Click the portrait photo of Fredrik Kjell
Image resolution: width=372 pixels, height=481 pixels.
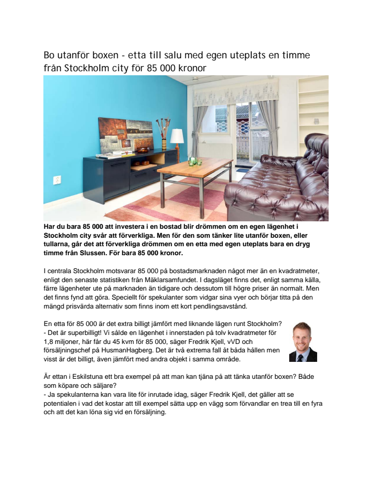tap(303, 342)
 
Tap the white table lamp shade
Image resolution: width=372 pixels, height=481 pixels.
tap(177, 136)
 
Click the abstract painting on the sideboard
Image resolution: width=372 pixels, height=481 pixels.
tap(125, 135)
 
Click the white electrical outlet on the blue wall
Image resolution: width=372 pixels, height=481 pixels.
tap(57, 179)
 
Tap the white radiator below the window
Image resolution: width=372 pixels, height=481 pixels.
tap(216, 151)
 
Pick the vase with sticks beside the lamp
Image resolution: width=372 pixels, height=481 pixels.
tap(163, 132)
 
